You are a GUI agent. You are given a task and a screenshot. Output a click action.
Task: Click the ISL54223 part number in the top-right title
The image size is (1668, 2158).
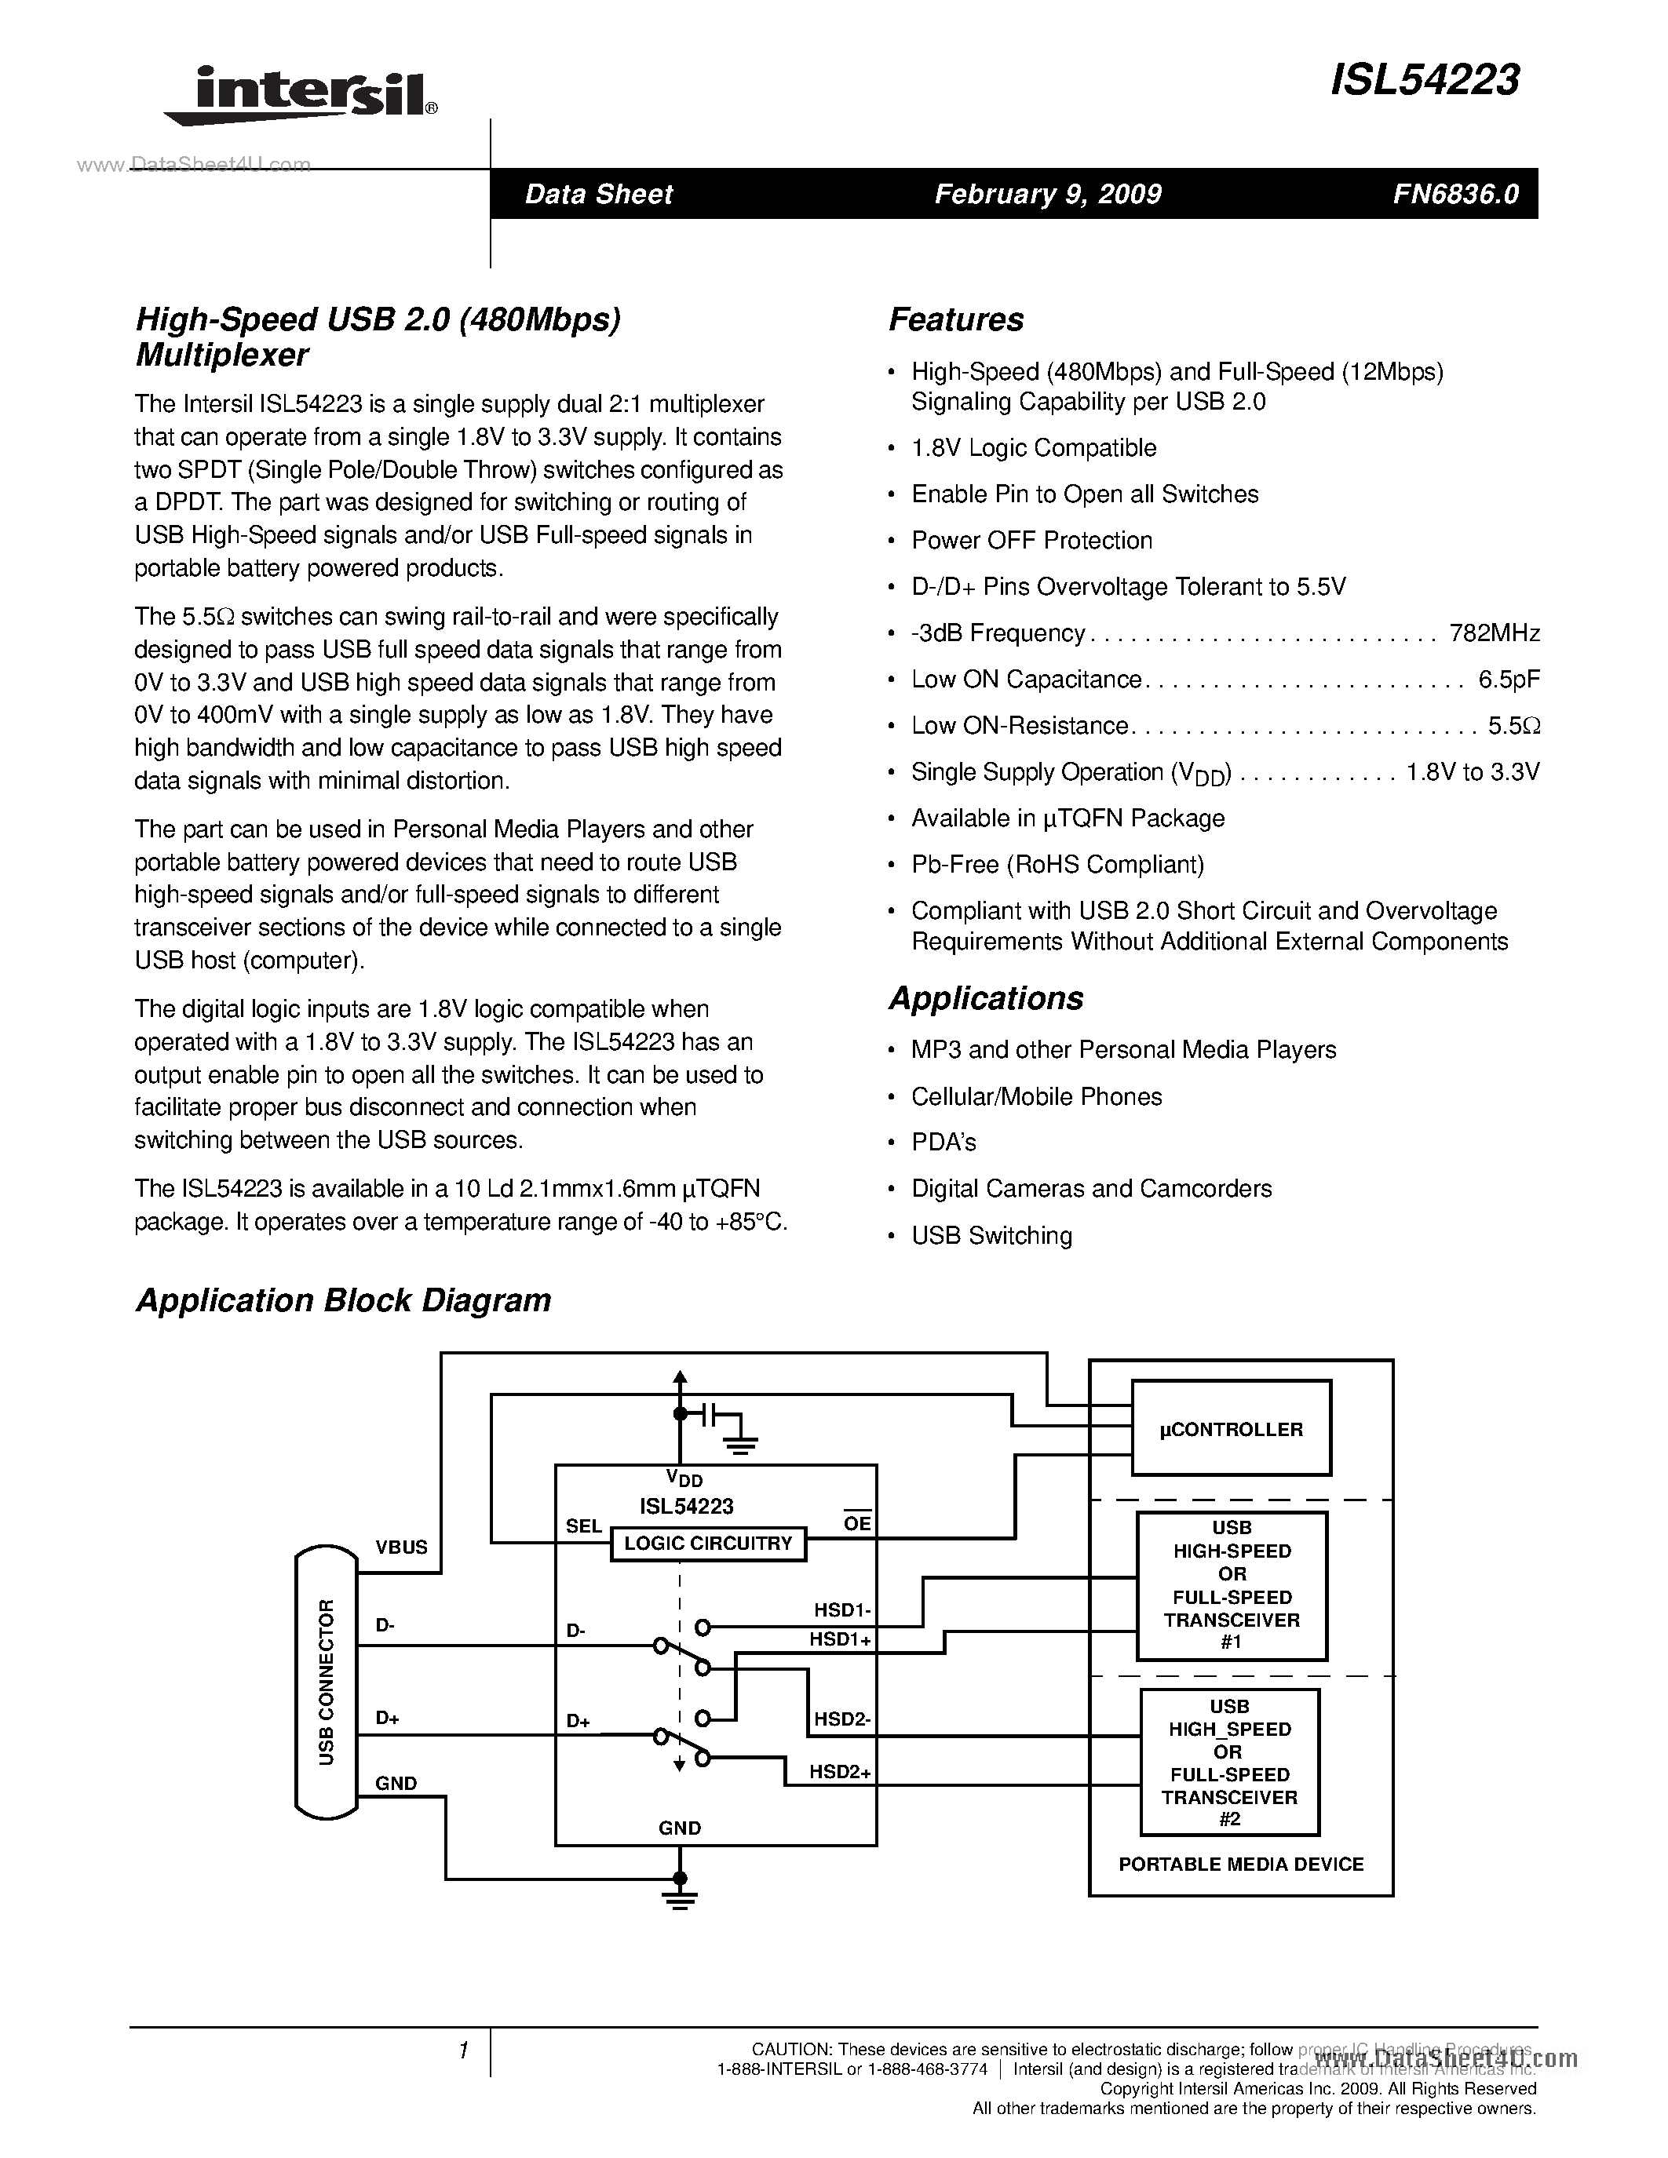point(1424,81)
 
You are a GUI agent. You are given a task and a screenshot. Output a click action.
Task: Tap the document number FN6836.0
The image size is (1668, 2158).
point(1455,194)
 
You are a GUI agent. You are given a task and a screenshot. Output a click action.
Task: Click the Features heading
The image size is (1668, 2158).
point(955,319)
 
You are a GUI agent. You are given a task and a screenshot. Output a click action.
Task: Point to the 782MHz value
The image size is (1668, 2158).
point(1494,633)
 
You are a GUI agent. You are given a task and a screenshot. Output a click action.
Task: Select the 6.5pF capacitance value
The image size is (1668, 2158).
point(1509,680)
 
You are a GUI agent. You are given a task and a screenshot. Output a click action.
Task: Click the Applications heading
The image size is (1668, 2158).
point(985,998)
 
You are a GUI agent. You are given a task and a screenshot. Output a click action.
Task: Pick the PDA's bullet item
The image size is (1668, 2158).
point(943,1143)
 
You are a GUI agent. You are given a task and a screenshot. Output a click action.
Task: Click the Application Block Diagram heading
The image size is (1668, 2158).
point(343,1300)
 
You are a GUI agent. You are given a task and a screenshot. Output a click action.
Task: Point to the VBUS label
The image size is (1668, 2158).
point(401,1547)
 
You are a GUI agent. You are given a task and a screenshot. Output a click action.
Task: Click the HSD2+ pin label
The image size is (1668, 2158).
point(840,1772)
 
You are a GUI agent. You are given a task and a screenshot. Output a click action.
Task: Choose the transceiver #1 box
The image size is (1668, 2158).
point(1232,1585)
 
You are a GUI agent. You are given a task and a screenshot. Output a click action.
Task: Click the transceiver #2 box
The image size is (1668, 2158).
point(1229,1762)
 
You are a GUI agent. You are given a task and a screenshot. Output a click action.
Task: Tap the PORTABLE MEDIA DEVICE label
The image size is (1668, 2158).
point(1240,1865)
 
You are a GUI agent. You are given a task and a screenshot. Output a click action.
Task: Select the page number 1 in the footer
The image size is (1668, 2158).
point(462,2051)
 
